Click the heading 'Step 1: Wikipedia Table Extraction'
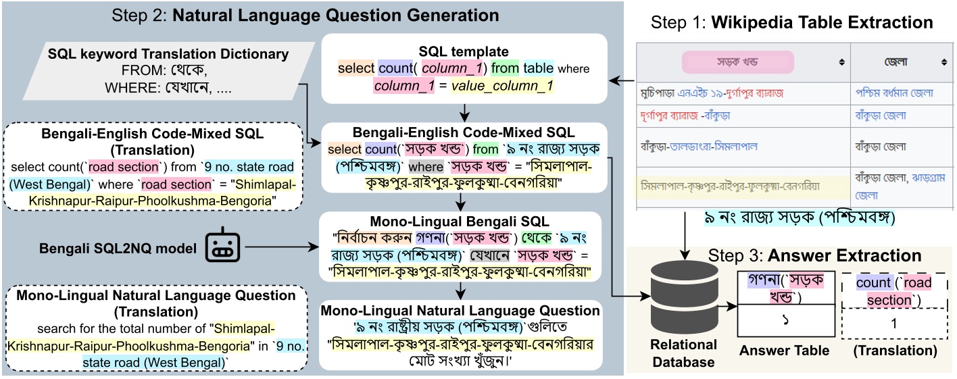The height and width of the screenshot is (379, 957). [x=791, y=23]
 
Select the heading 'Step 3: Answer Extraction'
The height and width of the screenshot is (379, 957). [x=815, y=255]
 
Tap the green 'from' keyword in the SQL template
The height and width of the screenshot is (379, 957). [x=505, y=68]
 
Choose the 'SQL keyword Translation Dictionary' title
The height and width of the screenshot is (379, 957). [x=168, y=53]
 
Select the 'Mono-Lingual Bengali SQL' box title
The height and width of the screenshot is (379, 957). [x=460, y=221]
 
